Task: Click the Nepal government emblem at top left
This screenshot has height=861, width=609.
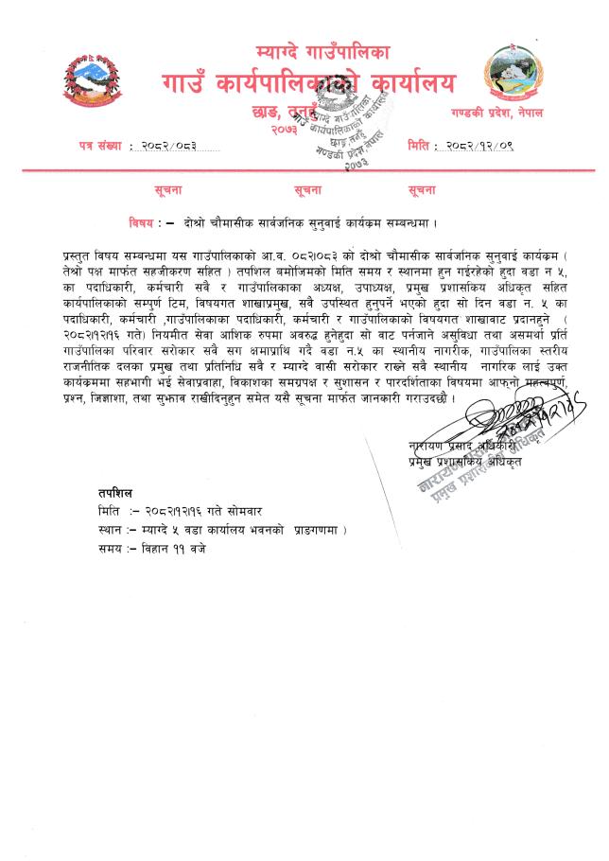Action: tap(94, 83)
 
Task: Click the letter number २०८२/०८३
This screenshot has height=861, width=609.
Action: tap(172, 145)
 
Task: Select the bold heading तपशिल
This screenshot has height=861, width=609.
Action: tap(115, 493)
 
